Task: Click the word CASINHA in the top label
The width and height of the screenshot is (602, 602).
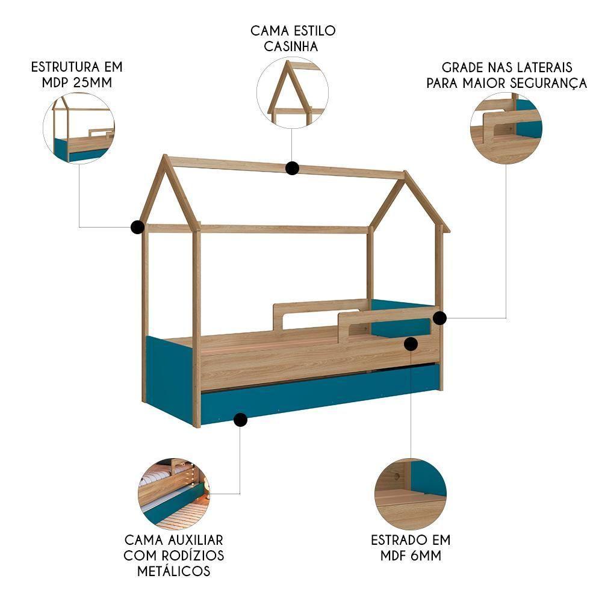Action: (292, 46)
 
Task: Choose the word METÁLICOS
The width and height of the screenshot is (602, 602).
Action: (174, 571)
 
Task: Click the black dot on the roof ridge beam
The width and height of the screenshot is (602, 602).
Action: (293, 168)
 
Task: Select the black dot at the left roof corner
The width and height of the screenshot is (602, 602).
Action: (137, 227)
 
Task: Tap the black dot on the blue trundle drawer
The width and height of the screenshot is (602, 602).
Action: (240, 420)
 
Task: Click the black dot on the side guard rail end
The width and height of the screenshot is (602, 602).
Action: (439, 318)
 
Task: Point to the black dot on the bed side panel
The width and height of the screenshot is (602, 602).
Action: (411, 344)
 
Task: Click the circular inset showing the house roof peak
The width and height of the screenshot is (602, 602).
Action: (293, 93)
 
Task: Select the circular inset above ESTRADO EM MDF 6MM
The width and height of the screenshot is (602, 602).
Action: (411, 494)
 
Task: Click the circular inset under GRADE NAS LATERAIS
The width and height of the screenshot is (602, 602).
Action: (506, 128)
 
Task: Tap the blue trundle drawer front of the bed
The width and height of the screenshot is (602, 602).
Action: (319, 394)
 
